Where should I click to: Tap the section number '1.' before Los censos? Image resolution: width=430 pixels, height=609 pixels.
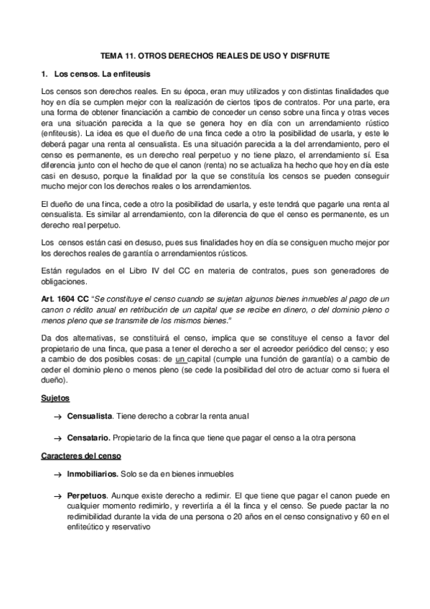(x=45, y=74)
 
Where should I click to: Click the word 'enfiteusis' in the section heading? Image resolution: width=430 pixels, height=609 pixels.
(x=128, y=74)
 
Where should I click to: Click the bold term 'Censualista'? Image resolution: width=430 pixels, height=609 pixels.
(x=89, y=416)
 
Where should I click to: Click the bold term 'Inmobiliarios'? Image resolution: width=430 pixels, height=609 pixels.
(x=92, y=475)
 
